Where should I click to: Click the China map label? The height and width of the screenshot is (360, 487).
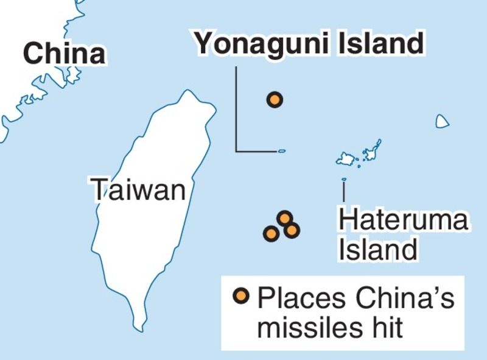coord(65,54)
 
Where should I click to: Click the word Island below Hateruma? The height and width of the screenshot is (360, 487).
coord(377,249)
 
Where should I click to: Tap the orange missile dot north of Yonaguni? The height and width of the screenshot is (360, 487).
coord(275,99)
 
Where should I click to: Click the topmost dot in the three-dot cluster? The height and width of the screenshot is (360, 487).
coord(284,217)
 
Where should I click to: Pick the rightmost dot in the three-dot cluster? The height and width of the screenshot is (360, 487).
coord(292,230)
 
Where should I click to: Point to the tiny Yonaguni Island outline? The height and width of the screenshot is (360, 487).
coord(281,151)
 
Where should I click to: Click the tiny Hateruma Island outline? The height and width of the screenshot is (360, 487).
coord(344,179)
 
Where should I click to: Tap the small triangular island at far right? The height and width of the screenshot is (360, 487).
coord(443,122)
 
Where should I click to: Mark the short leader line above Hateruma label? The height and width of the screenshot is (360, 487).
coord(344,191)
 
